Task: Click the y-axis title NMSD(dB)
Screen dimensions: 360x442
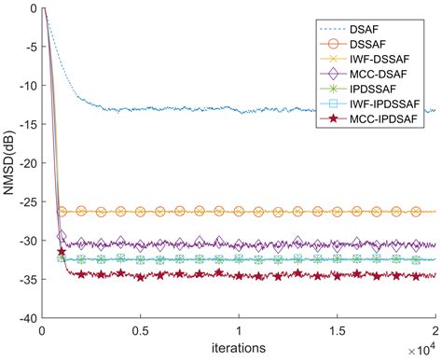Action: tap(8, 162)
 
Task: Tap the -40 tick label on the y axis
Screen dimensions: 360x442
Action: tap(27, 317)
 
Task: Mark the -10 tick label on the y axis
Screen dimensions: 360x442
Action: tap(27, 86)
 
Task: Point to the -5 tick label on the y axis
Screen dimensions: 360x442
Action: tap(30, 48)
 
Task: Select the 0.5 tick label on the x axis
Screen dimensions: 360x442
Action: tap(141, 331)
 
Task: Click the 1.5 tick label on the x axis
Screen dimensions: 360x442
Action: tap(337, 331)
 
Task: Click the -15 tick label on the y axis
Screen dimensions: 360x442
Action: tap(27, 124)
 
